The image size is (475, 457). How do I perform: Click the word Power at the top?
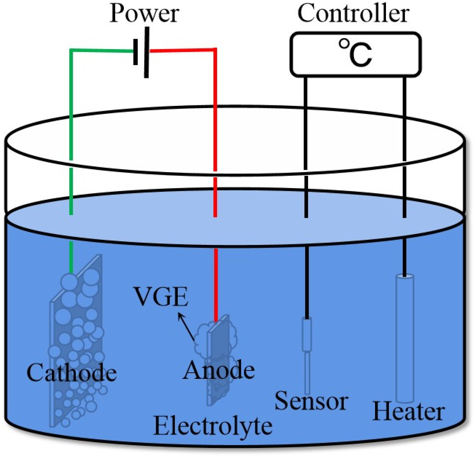[x=144, y=14]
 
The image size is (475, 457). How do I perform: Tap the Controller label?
[x=353, y=14]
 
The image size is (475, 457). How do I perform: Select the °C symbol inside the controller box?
[x=355, y=54]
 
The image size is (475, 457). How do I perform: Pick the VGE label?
[x=161, y=296]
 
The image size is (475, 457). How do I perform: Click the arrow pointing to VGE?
[x=186, y=327]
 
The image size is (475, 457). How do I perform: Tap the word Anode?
[x=219, y=370]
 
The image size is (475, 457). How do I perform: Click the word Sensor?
[x=311, y=401]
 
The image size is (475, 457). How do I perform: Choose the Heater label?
[x=408, y=411]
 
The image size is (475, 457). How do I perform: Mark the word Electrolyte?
[x=213, y=426]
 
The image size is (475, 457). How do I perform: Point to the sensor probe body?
[x=307, y=334]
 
